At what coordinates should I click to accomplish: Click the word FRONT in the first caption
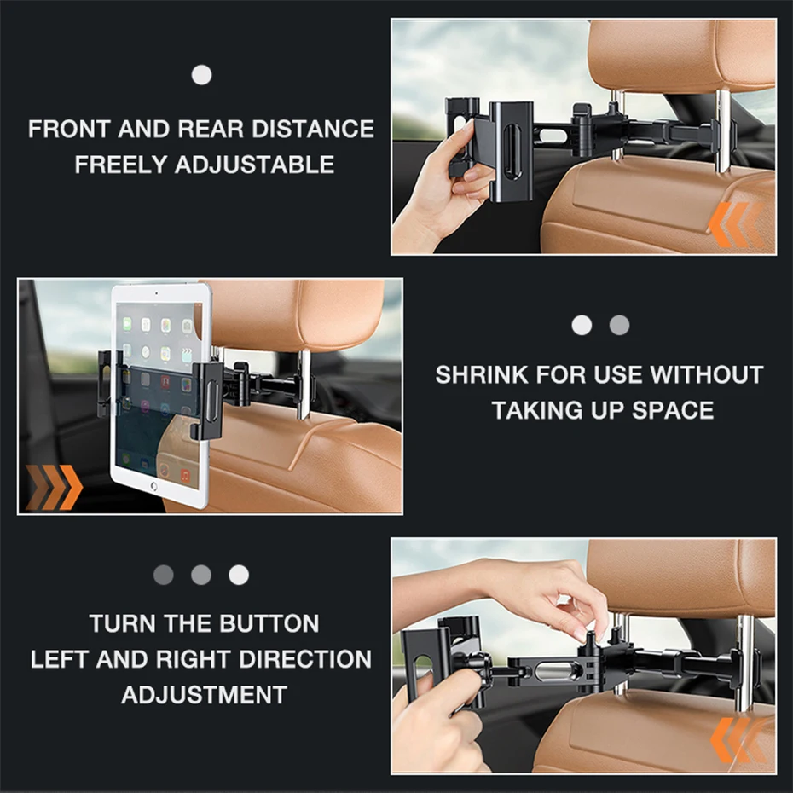[68, 130]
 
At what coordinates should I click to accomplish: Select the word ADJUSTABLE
[254, 165]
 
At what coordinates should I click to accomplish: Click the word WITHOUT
[706, 375]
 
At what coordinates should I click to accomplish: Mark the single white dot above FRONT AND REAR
[201, 75]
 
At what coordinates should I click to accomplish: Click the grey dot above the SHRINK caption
[620, 325]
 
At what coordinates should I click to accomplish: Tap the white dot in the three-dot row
[239, 575]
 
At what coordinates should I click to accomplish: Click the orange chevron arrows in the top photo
[734, 225]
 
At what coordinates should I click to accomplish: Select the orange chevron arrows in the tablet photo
[54, 487]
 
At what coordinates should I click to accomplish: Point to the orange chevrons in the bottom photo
[738, 739]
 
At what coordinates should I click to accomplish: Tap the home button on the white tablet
[153, 486]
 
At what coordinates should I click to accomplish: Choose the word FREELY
[120, 165]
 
